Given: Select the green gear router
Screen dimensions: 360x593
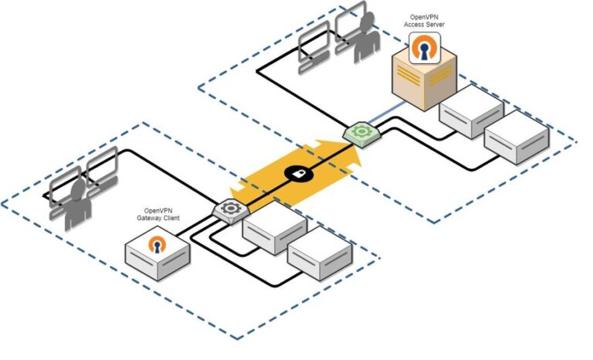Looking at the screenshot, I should [360, 131].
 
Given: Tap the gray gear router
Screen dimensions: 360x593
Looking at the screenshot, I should [229, 208].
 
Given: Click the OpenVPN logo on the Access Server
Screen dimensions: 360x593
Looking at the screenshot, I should [423, 49].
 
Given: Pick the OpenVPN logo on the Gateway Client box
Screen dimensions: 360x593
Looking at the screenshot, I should [158, 246].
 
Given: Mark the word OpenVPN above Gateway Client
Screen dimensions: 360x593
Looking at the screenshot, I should [161, 211].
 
